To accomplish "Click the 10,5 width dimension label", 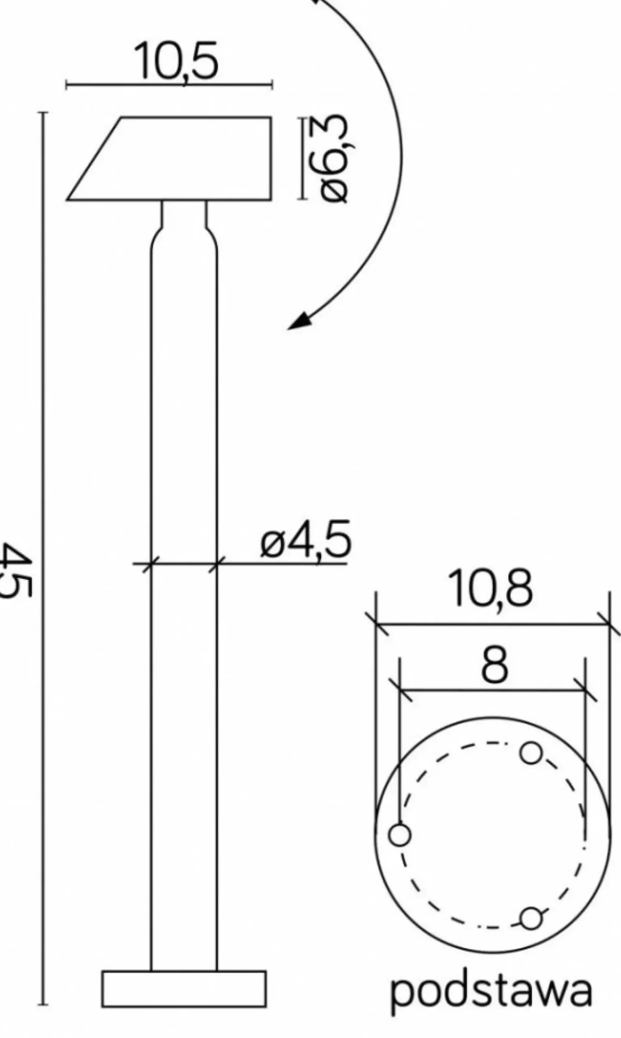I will tap(176, 61).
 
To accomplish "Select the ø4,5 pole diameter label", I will tap(306, 540).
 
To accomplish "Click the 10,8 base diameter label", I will tap(490, 589).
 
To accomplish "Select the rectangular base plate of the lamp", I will tap(184, 982).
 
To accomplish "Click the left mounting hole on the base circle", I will tap(400, 835).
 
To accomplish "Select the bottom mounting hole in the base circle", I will tap(531, 918).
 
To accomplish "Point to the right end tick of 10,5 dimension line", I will tap(272, 85).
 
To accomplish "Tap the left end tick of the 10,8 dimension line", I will tap(376, 624).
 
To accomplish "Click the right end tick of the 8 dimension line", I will tap(585, 690).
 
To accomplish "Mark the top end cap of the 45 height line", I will tap(43, 113).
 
